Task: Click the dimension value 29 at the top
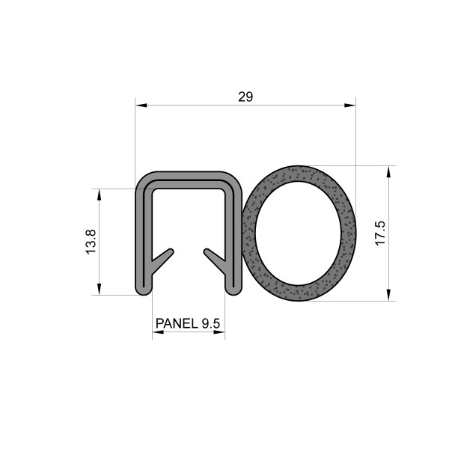click(x=245, y=97)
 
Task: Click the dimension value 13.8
click(x=91, y=242)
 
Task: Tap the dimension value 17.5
click(x=379, y=233)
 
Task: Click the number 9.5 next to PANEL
click(x=211, y=324)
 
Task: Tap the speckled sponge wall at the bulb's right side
click(x=348, y=233)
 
